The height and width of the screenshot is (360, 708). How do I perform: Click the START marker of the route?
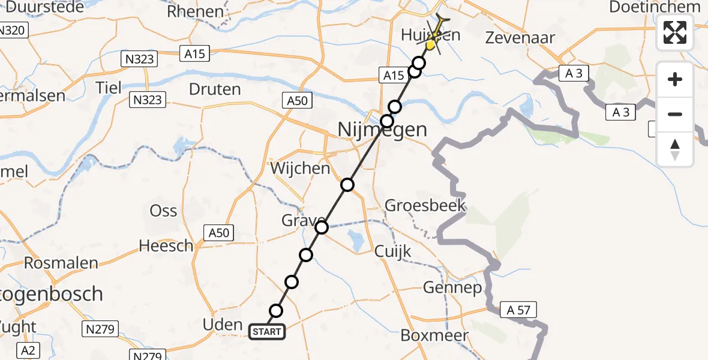coord(267,331)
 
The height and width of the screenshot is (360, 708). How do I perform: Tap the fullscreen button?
coord(675,32)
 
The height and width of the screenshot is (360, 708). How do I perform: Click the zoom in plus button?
coord(675,79)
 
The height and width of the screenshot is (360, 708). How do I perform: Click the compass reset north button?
coord(675,149)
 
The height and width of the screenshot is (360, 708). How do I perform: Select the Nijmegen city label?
coord(382,129)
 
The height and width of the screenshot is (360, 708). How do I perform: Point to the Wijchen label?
coord(300,168)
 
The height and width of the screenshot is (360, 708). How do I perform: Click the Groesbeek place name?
coord(425,206)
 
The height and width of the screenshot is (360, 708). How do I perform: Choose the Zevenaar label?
coord(521,37)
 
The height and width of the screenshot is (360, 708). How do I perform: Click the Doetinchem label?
coord(654,7)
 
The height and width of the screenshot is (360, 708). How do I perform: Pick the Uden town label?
coord(222,325)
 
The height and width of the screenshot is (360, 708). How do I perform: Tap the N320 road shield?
coord(13,30)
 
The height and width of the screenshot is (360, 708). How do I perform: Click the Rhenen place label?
coord(196,11)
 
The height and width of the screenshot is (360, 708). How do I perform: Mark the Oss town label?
coord(164,211)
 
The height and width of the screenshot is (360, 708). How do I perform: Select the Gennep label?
coord(452,288)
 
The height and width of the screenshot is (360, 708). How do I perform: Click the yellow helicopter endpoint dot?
coord(431,44)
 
